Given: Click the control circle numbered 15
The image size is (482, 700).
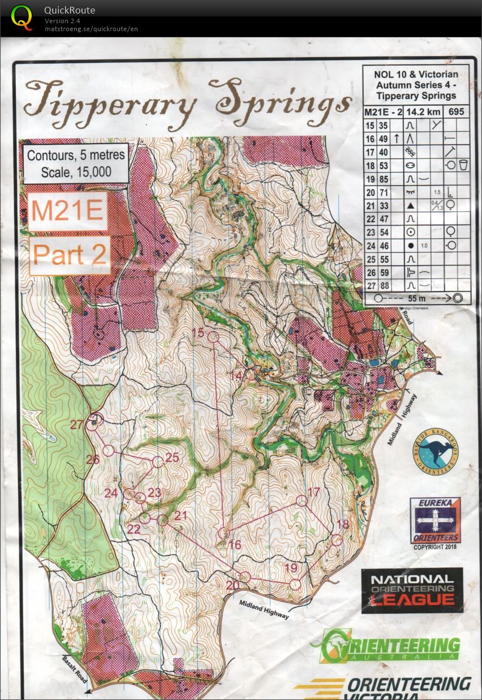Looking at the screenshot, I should coord(213,337).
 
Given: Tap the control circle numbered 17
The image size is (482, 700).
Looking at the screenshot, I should coord(302,500).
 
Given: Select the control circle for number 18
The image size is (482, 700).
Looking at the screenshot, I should coord(337,540).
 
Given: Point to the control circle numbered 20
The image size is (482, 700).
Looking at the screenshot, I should coord(245,577).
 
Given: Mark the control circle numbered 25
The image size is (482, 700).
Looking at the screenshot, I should coord(157,462).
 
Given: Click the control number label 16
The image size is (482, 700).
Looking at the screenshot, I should coord(235,545).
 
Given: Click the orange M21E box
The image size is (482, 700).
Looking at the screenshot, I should coord(67,211).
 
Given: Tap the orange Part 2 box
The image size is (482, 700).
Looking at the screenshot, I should coord(70,255).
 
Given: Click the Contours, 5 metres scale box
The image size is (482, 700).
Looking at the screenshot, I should coord(76,163).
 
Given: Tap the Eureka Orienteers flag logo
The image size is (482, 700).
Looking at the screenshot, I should coord(435,520).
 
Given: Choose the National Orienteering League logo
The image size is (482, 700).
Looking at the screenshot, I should coord(412,590).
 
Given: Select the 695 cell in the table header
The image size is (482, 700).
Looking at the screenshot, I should coord(457,111).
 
